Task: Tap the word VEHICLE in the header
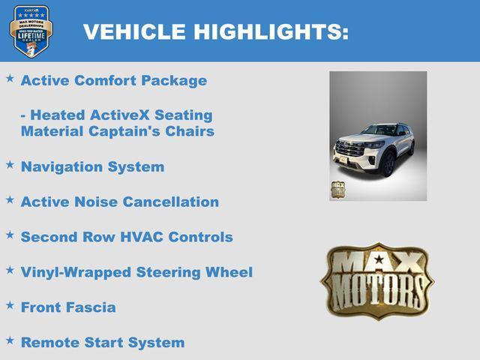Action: pos(135,32)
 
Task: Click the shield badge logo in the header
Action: pos(31,31)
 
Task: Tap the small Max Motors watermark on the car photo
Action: pos(338,189)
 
